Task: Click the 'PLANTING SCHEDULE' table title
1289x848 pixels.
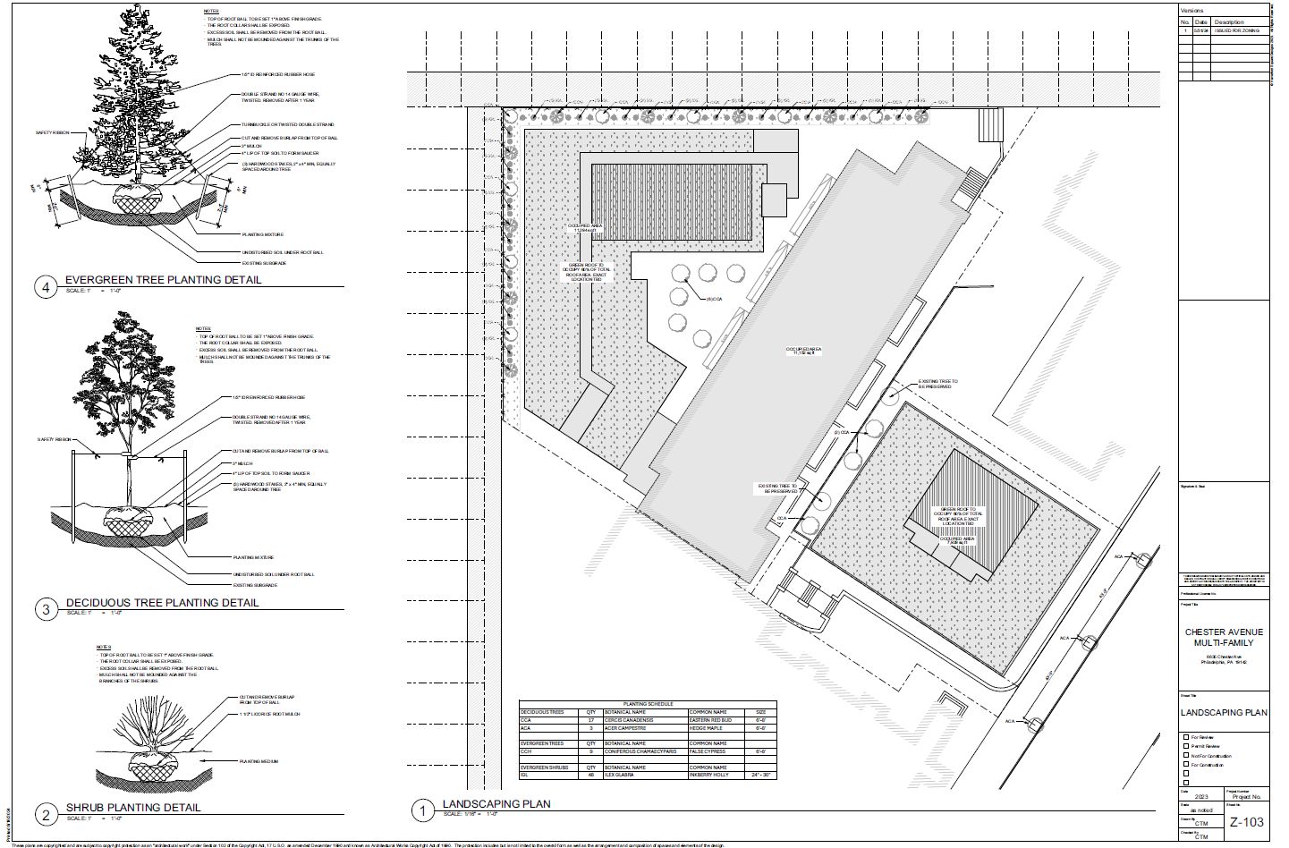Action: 648,704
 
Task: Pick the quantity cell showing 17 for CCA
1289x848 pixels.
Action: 590,719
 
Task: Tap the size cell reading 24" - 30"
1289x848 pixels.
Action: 760,775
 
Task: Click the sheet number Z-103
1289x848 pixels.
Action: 1246,823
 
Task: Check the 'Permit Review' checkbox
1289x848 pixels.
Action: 1186,746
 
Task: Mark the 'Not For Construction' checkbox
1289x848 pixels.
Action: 1186,756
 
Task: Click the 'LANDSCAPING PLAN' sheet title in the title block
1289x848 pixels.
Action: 1224,713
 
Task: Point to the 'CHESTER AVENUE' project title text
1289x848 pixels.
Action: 1224,632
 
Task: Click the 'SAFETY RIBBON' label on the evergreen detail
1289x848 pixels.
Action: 52,132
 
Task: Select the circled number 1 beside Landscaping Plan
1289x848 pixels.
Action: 420,811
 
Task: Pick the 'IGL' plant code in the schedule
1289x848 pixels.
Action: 526,775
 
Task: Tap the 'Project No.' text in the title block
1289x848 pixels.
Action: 1245,796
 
